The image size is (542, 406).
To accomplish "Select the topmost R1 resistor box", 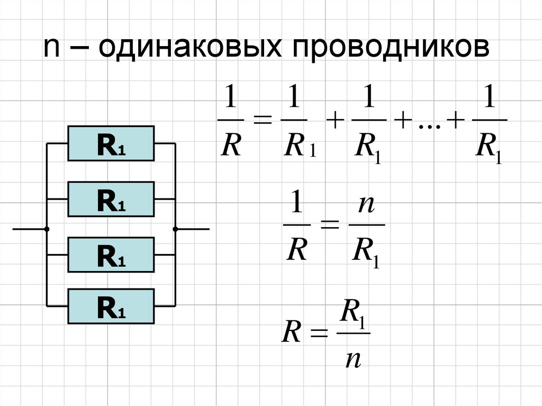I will pyautogui.click(x=111, y=143).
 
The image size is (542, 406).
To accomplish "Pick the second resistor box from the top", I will pyautogui.click(x=111, y=199).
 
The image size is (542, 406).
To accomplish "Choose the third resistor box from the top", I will pyautogui.click(x=111, y=255).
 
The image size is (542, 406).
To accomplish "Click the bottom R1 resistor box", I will pyautogui.click(x=111, y=306).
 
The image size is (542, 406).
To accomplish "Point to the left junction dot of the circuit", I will pyautogui.click(x=47, y=229).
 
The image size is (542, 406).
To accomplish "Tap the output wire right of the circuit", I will pyautogui.click(x=193, y=229).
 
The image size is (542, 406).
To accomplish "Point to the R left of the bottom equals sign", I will pyautogui.click(x=291, y=333).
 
